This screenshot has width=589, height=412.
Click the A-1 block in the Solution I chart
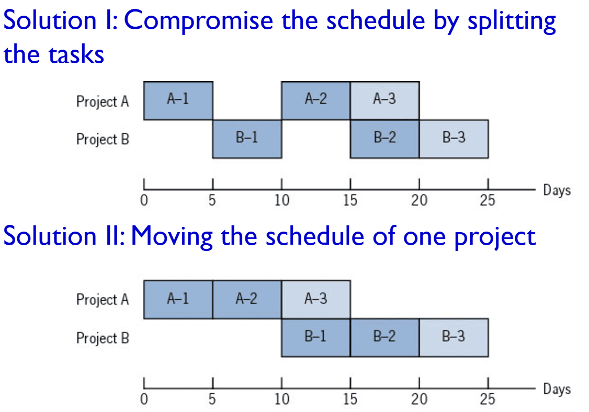click(x=178, y=101)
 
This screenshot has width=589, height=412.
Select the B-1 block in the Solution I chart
click(x=247, y=139)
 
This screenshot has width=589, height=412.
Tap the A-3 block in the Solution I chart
click(x=384, y=101)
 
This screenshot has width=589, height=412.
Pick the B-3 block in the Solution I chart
click(x=454, y=139)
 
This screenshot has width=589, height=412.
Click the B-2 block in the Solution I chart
click(x=384, y=139)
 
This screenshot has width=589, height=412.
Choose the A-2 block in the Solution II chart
click(x=247, y=300)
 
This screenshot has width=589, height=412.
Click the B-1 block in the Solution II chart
click(x=316, y=338)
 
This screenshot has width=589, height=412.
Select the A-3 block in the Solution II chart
click(x=316, y=300)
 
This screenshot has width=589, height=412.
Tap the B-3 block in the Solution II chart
click(x=454, y=338)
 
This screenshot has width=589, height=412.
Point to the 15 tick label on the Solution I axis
click(x=350, y=201)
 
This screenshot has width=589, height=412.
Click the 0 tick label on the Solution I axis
click(x=144, y=201)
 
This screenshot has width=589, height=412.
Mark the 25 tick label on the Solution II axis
click(x=488, y=399)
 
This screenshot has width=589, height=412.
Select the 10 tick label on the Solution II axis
click(x=282, y=399)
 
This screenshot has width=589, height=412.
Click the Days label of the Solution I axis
click(x=557, y=190)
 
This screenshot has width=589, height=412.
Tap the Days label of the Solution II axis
click(x=557, y=389)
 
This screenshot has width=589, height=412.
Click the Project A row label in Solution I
click(x=103, y=102)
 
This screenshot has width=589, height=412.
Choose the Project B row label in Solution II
click(x=103, y=338)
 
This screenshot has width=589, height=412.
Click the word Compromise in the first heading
click(x=198, y=21)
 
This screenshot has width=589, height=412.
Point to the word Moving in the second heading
click(x=172, y=237)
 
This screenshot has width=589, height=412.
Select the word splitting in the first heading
click(x=512, y=22)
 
